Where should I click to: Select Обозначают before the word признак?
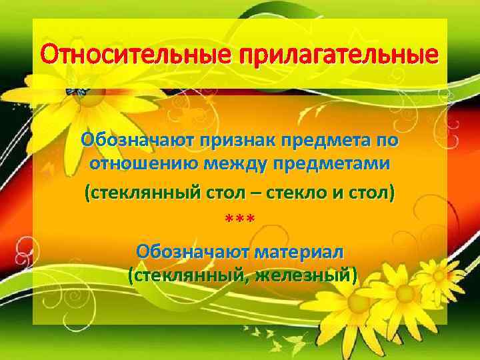click(x=135, y=141)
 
